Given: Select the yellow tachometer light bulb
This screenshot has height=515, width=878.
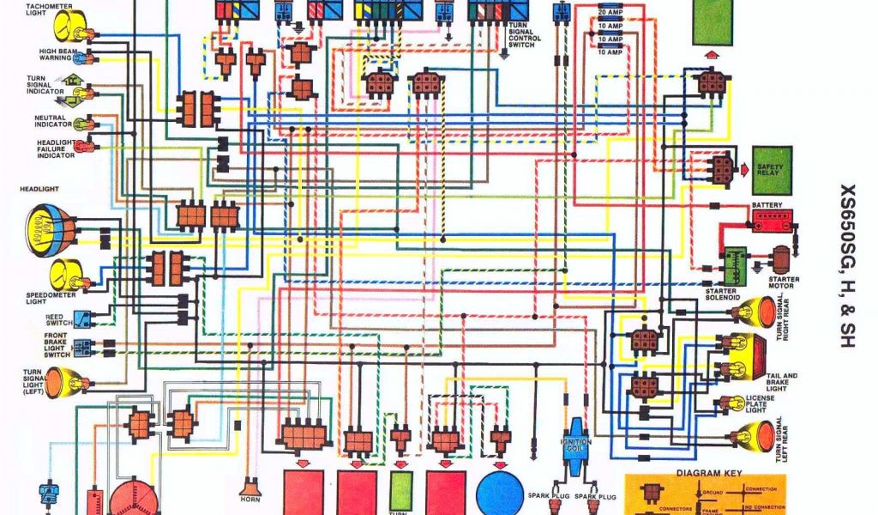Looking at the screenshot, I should (x=67, y=27).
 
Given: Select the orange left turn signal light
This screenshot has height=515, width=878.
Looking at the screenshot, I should (x=60, y=381).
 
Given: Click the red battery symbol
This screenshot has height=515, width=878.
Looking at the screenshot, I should (x=773, y=222).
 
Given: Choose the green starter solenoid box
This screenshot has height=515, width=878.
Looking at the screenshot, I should (x=735, y=266).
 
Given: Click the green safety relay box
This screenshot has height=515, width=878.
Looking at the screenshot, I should (x=773, y=170).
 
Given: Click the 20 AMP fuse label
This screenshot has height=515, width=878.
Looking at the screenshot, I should (x=610, y=13).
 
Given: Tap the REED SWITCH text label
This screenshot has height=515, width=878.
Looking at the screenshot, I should (x=58, y=321).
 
